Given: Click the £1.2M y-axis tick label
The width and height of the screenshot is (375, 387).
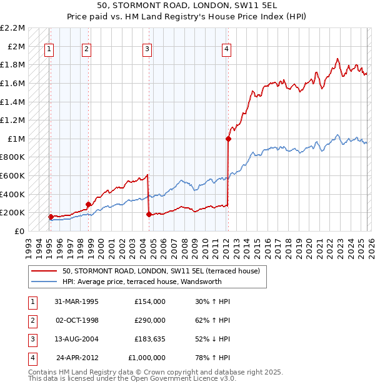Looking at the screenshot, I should [13, 120].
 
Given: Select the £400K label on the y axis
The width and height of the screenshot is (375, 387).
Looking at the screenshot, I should [13, 194].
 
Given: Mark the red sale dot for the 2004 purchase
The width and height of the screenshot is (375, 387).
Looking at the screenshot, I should [149, 215].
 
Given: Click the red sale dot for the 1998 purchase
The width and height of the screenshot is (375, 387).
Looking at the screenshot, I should [88, 204].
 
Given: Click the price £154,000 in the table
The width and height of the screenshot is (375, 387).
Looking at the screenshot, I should [149, 301].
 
